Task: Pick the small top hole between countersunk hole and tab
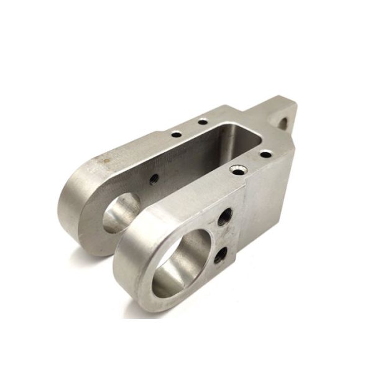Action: [x=265, y=154]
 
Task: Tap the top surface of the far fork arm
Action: [x=124, y=155]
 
